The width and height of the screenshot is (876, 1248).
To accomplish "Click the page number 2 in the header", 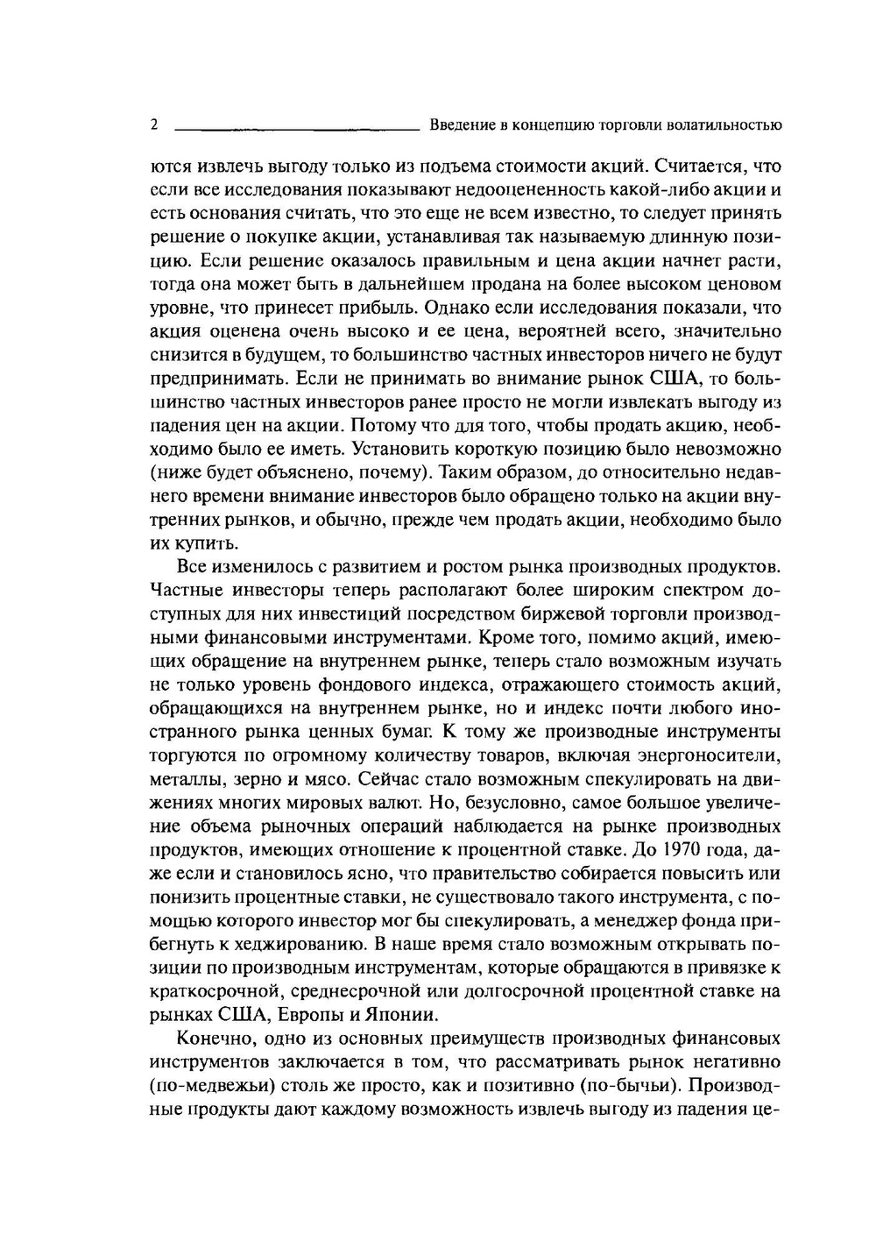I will tap(154, 124).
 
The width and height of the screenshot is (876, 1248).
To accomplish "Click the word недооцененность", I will tap(504, 189).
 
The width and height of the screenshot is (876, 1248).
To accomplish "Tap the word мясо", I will tap(330, 778).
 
